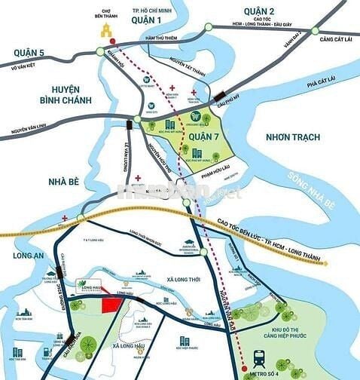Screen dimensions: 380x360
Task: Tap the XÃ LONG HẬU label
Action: (x=132, y=345)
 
